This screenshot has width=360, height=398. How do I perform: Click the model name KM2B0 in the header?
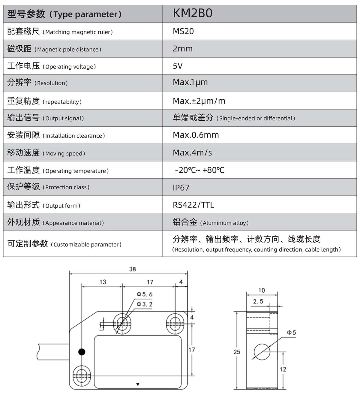click(193, 13)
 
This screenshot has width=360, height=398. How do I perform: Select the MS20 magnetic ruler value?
click(183, 31)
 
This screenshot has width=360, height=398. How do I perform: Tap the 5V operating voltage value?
click(178, 66)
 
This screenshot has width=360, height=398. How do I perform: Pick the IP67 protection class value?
click(181, 188)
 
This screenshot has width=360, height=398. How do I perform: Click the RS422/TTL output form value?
click(193, 205)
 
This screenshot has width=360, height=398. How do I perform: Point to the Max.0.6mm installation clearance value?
click(196, 135)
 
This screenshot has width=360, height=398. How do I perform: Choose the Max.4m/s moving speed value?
click(192, 153)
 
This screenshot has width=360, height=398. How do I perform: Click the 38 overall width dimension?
click(132, 269)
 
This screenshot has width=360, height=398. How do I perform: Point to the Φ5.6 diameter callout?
click(144, 294)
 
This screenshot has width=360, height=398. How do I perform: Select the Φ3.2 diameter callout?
click(144, 304)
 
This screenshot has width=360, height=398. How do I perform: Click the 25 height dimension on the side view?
click(237, 352)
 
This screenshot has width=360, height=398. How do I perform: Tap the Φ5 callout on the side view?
click(291, 333)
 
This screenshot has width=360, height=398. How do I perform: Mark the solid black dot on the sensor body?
click(82, 352)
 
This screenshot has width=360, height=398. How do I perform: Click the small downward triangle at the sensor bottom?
click(138, 384)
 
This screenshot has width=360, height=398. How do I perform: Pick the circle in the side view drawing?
click(262, 351)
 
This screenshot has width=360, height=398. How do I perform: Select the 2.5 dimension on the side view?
click(258, 301)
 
